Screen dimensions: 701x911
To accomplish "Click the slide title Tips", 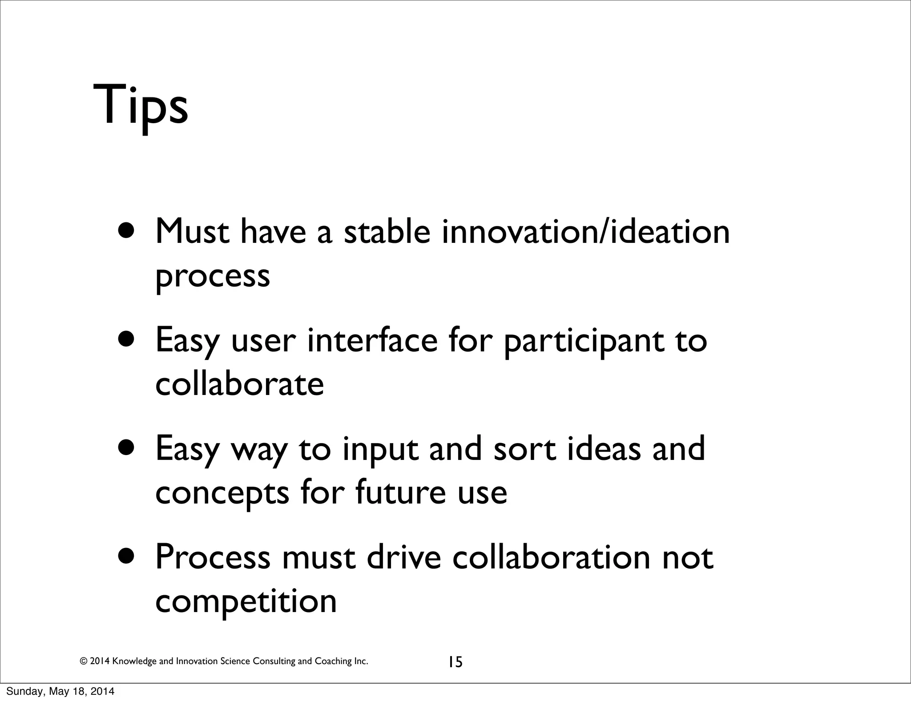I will [x=141, y=107].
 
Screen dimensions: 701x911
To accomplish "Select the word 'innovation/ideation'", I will [x=585, y=232].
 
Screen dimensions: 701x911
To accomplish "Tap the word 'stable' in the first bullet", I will [x=387, y=232].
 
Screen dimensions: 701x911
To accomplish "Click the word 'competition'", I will [x=246, y=601].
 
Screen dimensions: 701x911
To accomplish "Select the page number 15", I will [x=455, y=662].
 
